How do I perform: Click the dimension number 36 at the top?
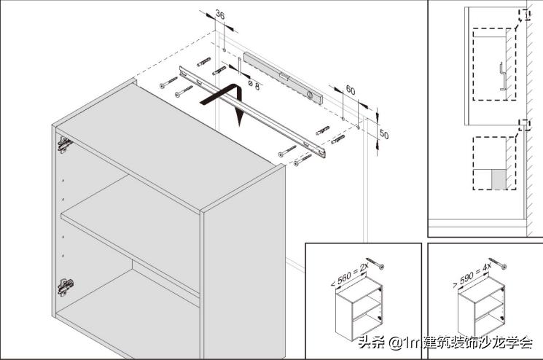click(219, 15)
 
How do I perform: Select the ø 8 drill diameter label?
click(254, 85)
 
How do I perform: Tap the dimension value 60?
click(350, 90)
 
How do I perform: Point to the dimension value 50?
click(384, 136)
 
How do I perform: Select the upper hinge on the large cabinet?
click(64, 144)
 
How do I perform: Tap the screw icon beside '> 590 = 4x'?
click(500, 261)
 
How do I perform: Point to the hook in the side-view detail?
click(502, 77)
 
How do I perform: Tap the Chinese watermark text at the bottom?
click(445, 342)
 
